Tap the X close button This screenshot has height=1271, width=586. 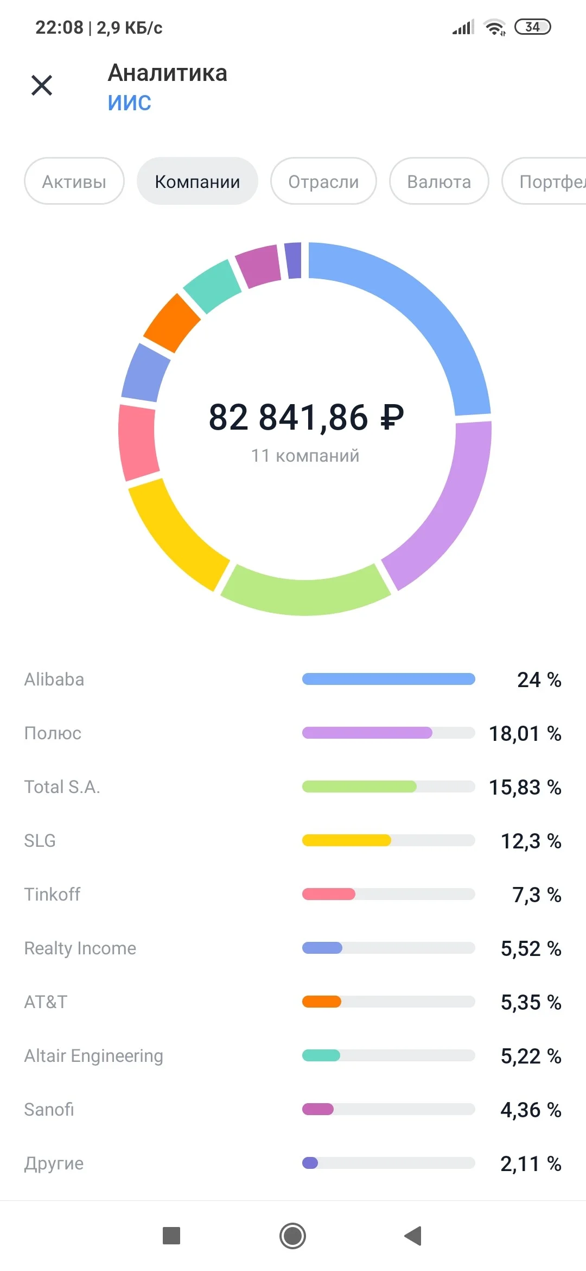click(42, 85)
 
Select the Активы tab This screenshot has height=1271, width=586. click(74, 181)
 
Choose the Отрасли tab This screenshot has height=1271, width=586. click(323, 181)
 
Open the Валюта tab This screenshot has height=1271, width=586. click(439, 181)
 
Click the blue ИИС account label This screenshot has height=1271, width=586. click(129, 102)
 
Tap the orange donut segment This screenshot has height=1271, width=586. click(171, 323)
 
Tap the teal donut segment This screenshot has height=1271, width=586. click(212, 286)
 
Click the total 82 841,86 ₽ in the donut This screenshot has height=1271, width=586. click(307, 417)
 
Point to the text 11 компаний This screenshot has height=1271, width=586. click(305, 455)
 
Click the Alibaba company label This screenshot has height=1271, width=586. click(54, 679)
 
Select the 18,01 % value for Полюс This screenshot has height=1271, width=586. click(525, 733)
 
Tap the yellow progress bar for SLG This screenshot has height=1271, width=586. click(346, 840)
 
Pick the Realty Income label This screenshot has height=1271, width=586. click(80, 948)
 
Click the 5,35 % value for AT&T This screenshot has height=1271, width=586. click(531, 1002)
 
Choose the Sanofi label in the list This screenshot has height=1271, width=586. click(49, 1109)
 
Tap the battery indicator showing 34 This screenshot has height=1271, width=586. click(532, 27)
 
